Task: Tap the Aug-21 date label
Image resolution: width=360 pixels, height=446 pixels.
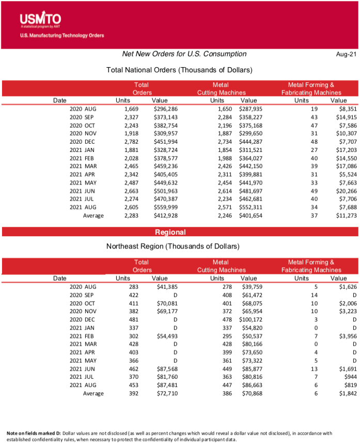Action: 346,54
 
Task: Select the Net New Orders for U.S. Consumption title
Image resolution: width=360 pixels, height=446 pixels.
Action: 184,54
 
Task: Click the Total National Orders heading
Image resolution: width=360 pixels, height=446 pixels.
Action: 179,70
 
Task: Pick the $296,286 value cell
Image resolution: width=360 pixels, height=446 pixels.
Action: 165,109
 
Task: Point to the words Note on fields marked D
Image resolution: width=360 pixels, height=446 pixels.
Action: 34,433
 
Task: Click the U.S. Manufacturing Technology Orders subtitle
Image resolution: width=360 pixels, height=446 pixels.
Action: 62,36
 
